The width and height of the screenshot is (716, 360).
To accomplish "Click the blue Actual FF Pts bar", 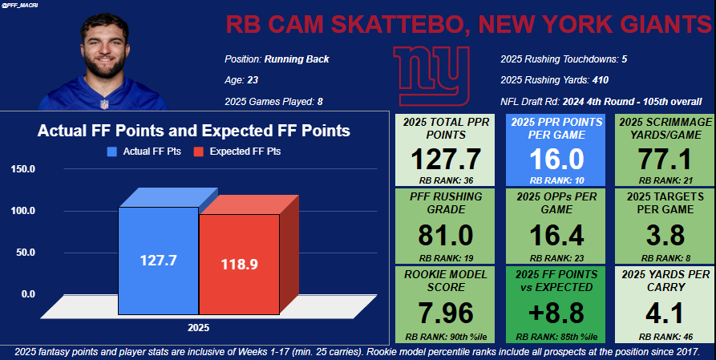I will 158,261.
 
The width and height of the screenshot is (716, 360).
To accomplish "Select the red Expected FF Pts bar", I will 239,265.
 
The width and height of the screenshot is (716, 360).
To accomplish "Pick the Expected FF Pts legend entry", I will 240,151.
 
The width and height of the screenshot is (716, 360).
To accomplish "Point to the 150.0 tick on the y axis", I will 22,169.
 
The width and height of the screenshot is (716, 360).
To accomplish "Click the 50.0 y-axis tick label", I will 22,253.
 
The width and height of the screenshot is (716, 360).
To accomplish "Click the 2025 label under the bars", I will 198,327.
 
